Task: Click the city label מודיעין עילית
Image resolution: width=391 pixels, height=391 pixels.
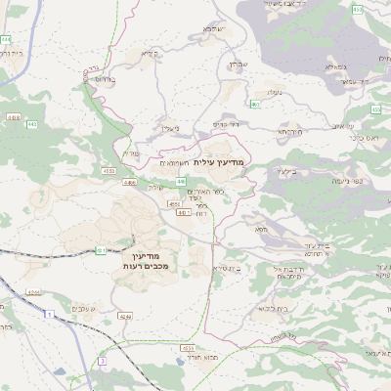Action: point(223,161)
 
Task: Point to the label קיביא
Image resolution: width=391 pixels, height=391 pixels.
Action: point(149,53)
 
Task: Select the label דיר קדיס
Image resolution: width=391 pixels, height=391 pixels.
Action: point(228,124)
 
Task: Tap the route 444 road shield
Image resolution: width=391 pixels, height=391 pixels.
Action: point(6,39)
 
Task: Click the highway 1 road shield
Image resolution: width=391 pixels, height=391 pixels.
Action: point(46,315)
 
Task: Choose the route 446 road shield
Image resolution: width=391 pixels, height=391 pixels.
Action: point(181,181)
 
